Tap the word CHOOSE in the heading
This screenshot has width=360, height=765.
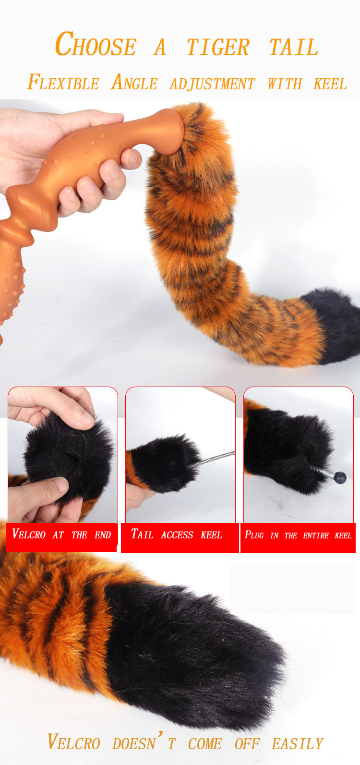96,44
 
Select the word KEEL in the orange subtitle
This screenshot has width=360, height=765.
330,84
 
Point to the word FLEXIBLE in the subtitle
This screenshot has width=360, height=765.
63,82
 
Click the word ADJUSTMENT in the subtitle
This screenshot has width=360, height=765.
212,84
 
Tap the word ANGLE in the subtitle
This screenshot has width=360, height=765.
134,82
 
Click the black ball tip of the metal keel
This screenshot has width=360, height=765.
340,477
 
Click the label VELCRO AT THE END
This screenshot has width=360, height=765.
61,534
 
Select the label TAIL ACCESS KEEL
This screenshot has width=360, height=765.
177,534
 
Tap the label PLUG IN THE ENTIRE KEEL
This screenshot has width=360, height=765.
298,535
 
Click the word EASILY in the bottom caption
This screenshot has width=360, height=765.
298,744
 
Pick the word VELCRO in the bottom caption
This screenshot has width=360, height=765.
74,742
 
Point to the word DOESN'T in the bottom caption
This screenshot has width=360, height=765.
144,742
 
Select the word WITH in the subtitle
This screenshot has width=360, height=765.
285,84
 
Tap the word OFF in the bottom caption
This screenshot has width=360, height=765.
247,744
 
